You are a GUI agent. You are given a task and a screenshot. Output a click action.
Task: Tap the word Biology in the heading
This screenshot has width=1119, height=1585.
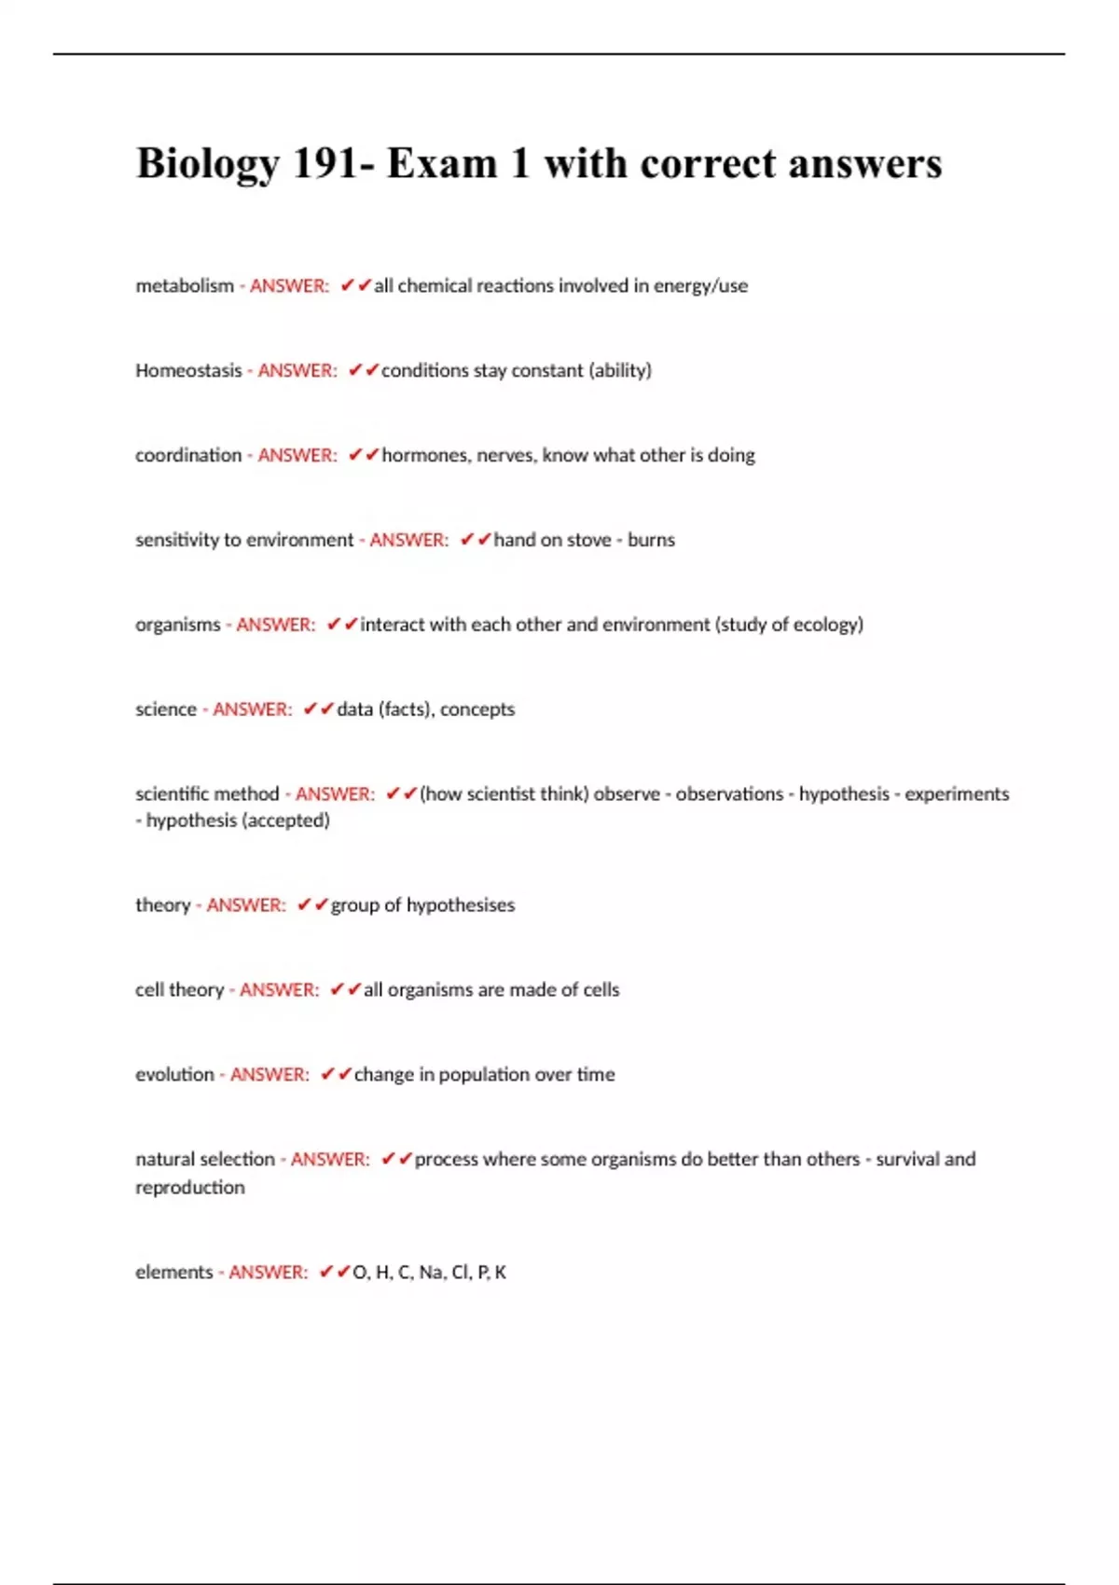[208, 165]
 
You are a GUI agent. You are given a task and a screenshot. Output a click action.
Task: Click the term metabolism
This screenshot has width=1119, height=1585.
[185, 285]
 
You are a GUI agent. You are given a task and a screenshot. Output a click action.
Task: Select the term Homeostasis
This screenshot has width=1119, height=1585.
[188, 370]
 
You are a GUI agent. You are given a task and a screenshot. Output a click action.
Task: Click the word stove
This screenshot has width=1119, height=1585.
[589, 540]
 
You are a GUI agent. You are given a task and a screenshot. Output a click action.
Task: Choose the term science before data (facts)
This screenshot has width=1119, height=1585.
[166, 710]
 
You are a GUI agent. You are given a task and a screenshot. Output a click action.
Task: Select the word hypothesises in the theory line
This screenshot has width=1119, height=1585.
[461, 905]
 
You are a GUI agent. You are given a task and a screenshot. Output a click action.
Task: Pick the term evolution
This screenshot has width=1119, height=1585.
[174, 1075]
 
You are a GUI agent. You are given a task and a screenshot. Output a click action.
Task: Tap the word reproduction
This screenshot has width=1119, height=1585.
[190, 1188]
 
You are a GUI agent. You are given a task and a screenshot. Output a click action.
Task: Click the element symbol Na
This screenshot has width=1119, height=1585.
[431, 1273]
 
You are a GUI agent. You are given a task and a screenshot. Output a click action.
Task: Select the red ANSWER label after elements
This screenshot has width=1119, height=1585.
[268, 1273]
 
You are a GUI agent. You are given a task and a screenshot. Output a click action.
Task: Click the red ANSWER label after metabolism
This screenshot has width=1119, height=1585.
[289, 285]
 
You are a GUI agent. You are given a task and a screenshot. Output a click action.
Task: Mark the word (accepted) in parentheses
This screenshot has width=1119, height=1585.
[285, 820]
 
